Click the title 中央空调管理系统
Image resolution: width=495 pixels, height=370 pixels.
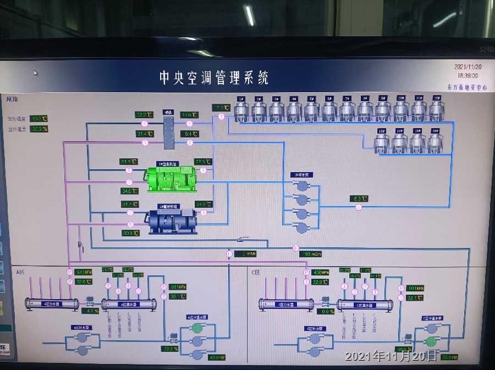213,78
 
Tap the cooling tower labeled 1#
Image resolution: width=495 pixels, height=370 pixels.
241,109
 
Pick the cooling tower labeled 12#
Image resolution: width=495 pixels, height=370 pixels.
436,109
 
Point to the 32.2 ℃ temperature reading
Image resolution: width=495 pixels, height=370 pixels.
144,115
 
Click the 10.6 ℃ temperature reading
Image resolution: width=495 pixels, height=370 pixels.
189,115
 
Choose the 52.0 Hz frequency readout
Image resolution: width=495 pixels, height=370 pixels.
449,357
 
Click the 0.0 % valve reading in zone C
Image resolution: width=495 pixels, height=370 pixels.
327,311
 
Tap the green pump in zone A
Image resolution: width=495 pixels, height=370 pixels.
197,328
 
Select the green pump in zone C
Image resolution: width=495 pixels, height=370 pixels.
431,341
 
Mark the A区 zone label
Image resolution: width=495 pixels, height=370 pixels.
21,272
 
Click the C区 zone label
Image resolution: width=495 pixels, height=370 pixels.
256,272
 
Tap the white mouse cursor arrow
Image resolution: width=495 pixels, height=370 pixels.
36,73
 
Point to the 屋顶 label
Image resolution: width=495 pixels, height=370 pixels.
12,100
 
